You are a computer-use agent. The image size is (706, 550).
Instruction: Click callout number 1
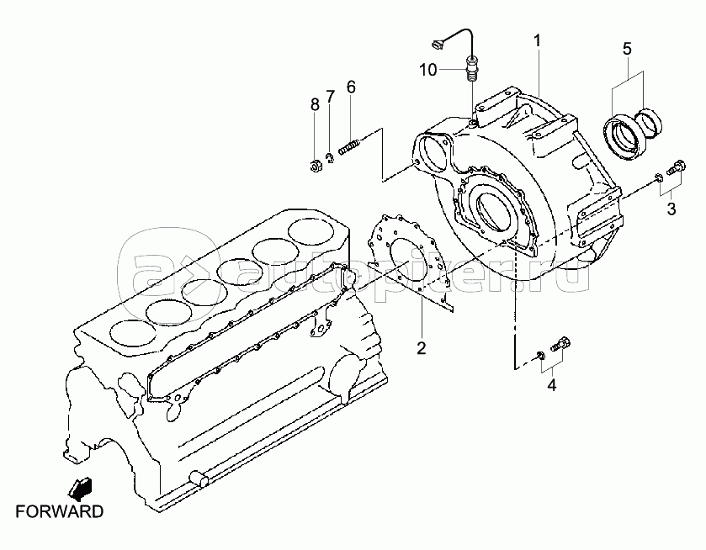[x=537, y=41]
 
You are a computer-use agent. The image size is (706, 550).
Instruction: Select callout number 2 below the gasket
[x=422, y=347]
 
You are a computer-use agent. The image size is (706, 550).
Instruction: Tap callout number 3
[x=671, y=209]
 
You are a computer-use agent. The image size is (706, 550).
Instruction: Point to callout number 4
[x=552, y=385]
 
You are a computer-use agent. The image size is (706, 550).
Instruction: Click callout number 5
[x=627, y=48]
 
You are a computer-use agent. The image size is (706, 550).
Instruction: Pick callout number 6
[x=351, y=87]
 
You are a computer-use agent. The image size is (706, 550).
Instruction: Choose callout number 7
[x=331, y=96]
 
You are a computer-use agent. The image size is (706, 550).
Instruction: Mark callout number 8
[x=316, y=104]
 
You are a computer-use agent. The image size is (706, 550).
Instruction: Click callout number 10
[x=428, y=70]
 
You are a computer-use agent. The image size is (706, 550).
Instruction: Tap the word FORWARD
[x=60, y=512]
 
